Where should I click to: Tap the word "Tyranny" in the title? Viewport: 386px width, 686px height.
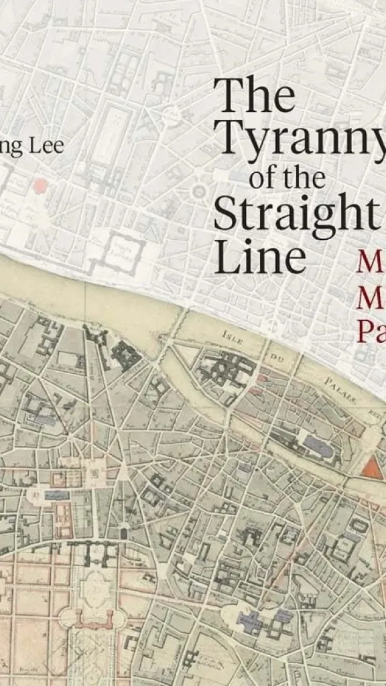tap(302, 137)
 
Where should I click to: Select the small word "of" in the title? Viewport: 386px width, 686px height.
tap(263, 178)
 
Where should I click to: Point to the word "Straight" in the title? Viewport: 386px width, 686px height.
tap(296, 214)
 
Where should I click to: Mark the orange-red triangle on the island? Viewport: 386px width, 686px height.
tap(371, 468)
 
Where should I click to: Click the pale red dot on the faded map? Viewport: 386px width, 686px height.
tap(41, 186)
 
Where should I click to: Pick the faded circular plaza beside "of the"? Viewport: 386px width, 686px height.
tap(198, 192)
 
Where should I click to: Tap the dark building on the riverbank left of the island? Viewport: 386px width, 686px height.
tap(125, 354)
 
